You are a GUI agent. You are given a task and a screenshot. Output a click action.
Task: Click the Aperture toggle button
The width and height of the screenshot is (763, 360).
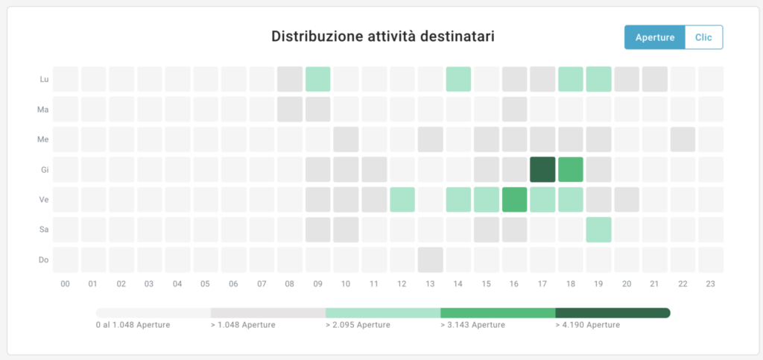[654, 37]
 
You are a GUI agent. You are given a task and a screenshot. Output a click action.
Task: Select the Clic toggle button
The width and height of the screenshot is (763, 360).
[703, 37]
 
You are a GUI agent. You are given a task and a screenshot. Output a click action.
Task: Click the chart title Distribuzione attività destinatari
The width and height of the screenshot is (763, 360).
[383, 36]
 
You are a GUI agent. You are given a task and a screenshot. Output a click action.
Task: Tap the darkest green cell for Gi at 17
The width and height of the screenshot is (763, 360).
[542, 170]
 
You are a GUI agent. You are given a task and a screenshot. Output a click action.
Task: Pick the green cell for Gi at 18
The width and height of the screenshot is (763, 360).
[571, 170]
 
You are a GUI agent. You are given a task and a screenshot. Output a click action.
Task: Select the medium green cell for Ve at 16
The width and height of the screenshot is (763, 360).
[514, 200]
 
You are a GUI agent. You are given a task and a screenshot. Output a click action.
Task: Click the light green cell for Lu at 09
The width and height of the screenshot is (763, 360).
[317, 79]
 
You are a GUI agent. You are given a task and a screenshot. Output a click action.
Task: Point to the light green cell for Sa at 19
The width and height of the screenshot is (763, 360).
[598, 230]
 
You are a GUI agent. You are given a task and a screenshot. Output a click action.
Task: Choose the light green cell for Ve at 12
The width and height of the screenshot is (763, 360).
[402, 200]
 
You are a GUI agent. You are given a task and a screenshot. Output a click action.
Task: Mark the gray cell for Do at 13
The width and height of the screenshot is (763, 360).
[430, 259]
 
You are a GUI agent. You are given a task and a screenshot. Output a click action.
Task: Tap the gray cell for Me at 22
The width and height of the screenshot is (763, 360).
[683, 139]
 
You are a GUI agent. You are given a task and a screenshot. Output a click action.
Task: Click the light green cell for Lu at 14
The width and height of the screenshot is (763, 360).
[458, 79]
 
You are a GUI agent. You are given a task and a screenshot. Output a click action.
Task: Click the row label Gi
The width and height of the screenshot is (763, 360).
[44, 170]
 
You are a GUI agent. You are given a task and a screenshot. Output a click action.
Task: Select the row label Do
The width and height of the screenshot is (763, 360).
[44, 259]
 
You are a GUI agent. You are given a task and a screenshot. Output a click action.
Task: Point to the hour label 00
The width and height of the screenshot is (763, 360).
[66, 284]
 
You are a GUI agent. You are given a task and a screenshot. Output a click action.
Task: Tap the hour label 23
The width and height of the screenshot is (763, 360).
[711, 284]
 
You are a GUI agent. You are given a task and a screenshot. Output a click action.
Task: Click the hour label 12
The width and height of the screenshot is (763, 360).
[402, 284]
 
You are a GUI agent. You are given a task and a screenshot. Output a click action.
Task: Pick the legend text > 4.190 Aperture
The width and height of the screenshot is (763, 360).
[588, 325]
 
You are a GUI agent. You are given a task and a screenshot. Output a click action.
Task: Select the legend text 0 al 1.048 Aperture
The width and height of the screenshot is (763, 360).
[133, 325]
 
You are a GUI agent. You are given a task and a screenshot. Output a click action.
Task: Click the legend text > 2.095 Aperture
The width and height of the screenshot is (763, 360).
[358, 325]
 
